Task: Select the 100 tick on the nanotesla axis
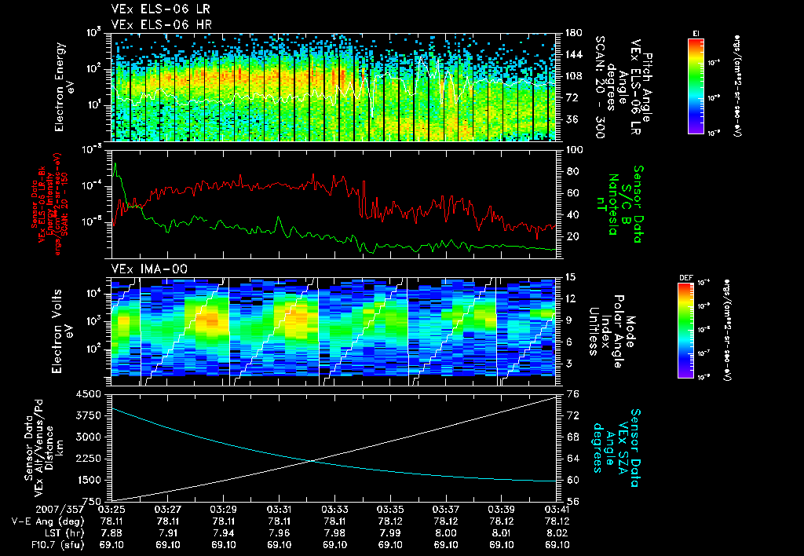coord(572,149)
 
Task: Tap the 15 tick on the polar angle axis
coord(570,277)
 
